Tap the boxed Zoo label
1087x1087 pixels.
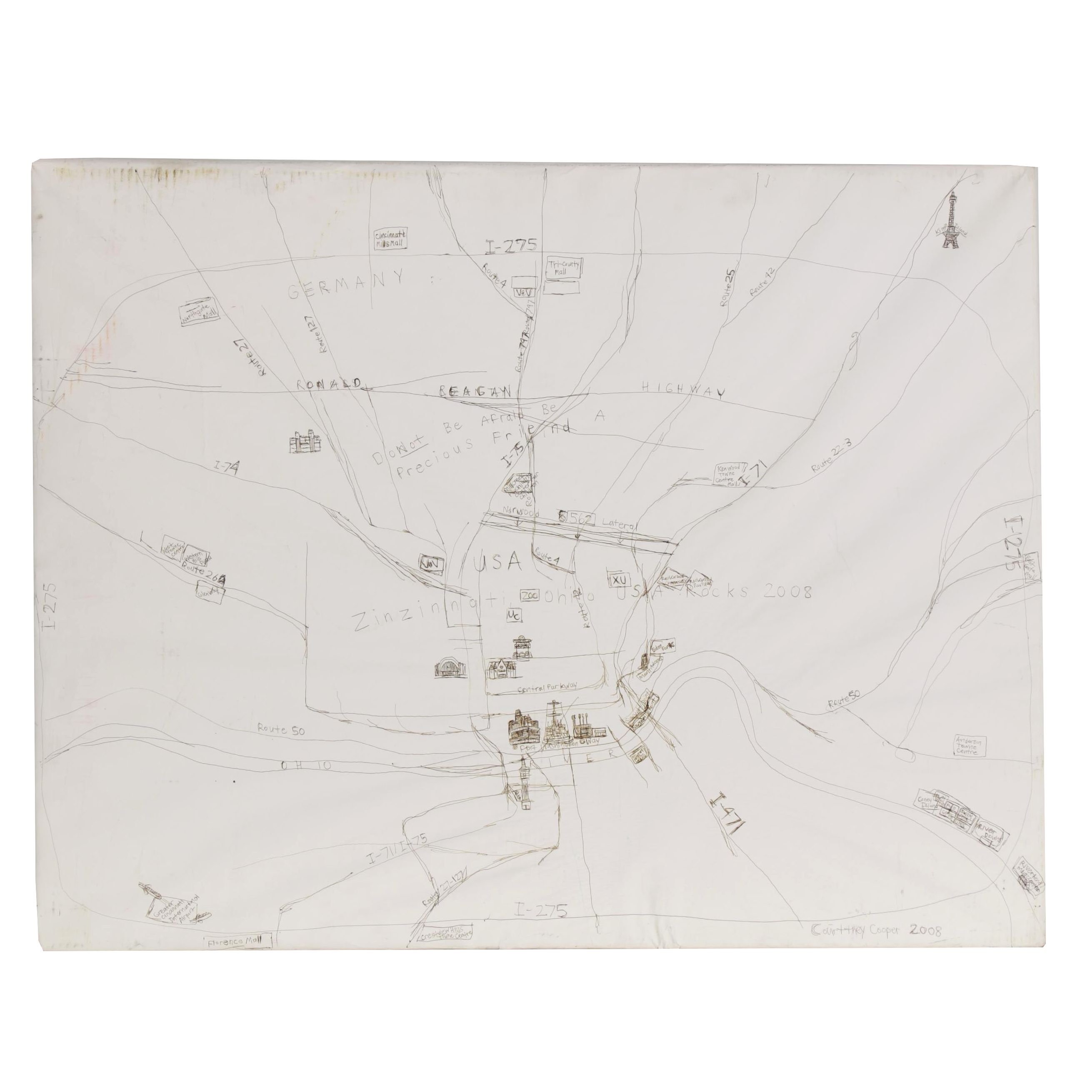pyautogui.click(x=530, y=596)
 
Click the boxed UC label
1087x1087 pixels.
pyautogui.click(x=513, y=616)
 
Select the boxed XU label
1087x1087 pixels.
pyautogui.click(x=618, y=580)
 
